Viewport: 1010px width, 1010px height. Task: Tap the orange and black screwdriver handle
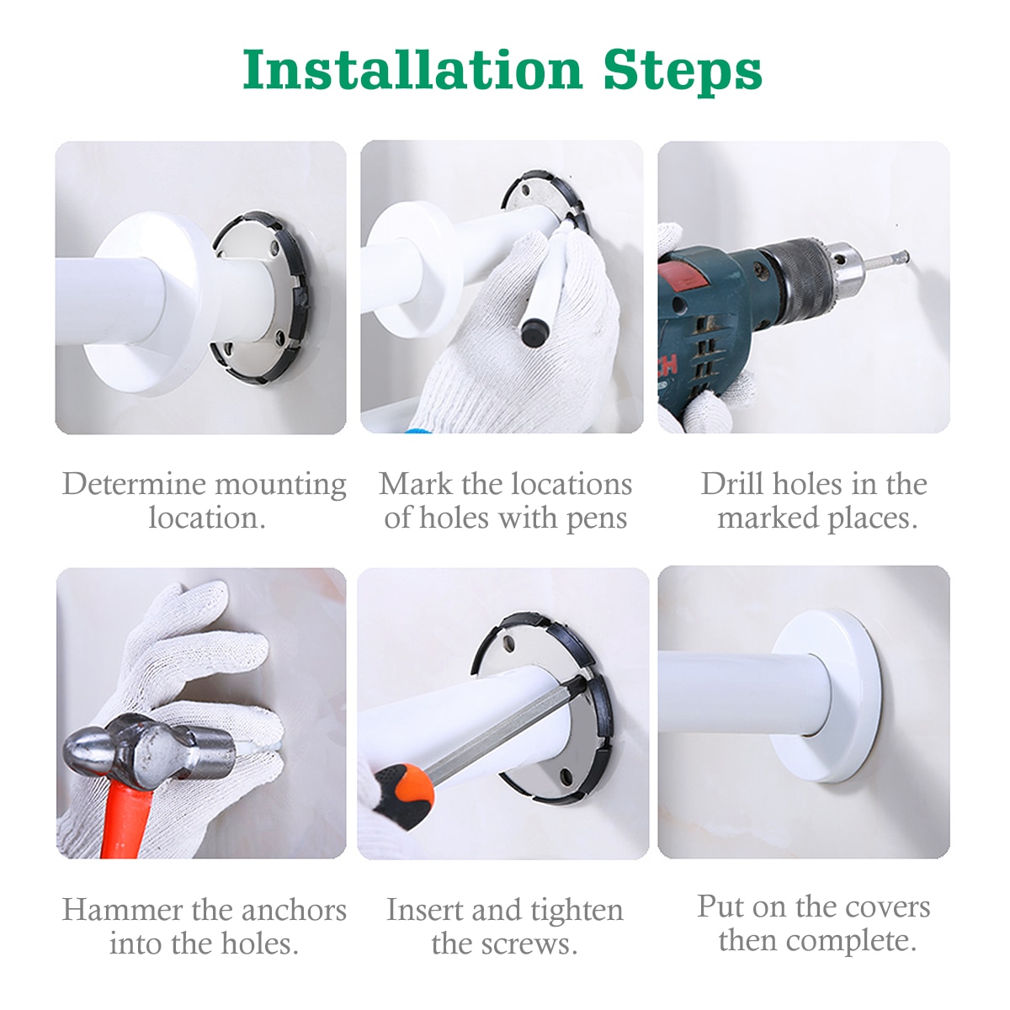click(x=404, y=791)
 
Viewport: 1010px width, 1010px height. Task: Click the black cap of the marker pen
click(x=532, y=334)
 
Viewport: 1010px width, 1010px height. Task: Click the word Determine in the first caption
click(x=123, y=484)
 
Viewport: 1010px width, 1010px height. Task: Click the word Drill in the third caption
click(x=732, y=484)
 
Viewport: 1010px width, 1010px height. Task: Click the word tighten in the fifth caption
click(x=577, y=910)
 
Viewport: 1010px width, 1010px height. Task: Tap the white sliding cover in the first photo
click(x=151, y=303)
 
